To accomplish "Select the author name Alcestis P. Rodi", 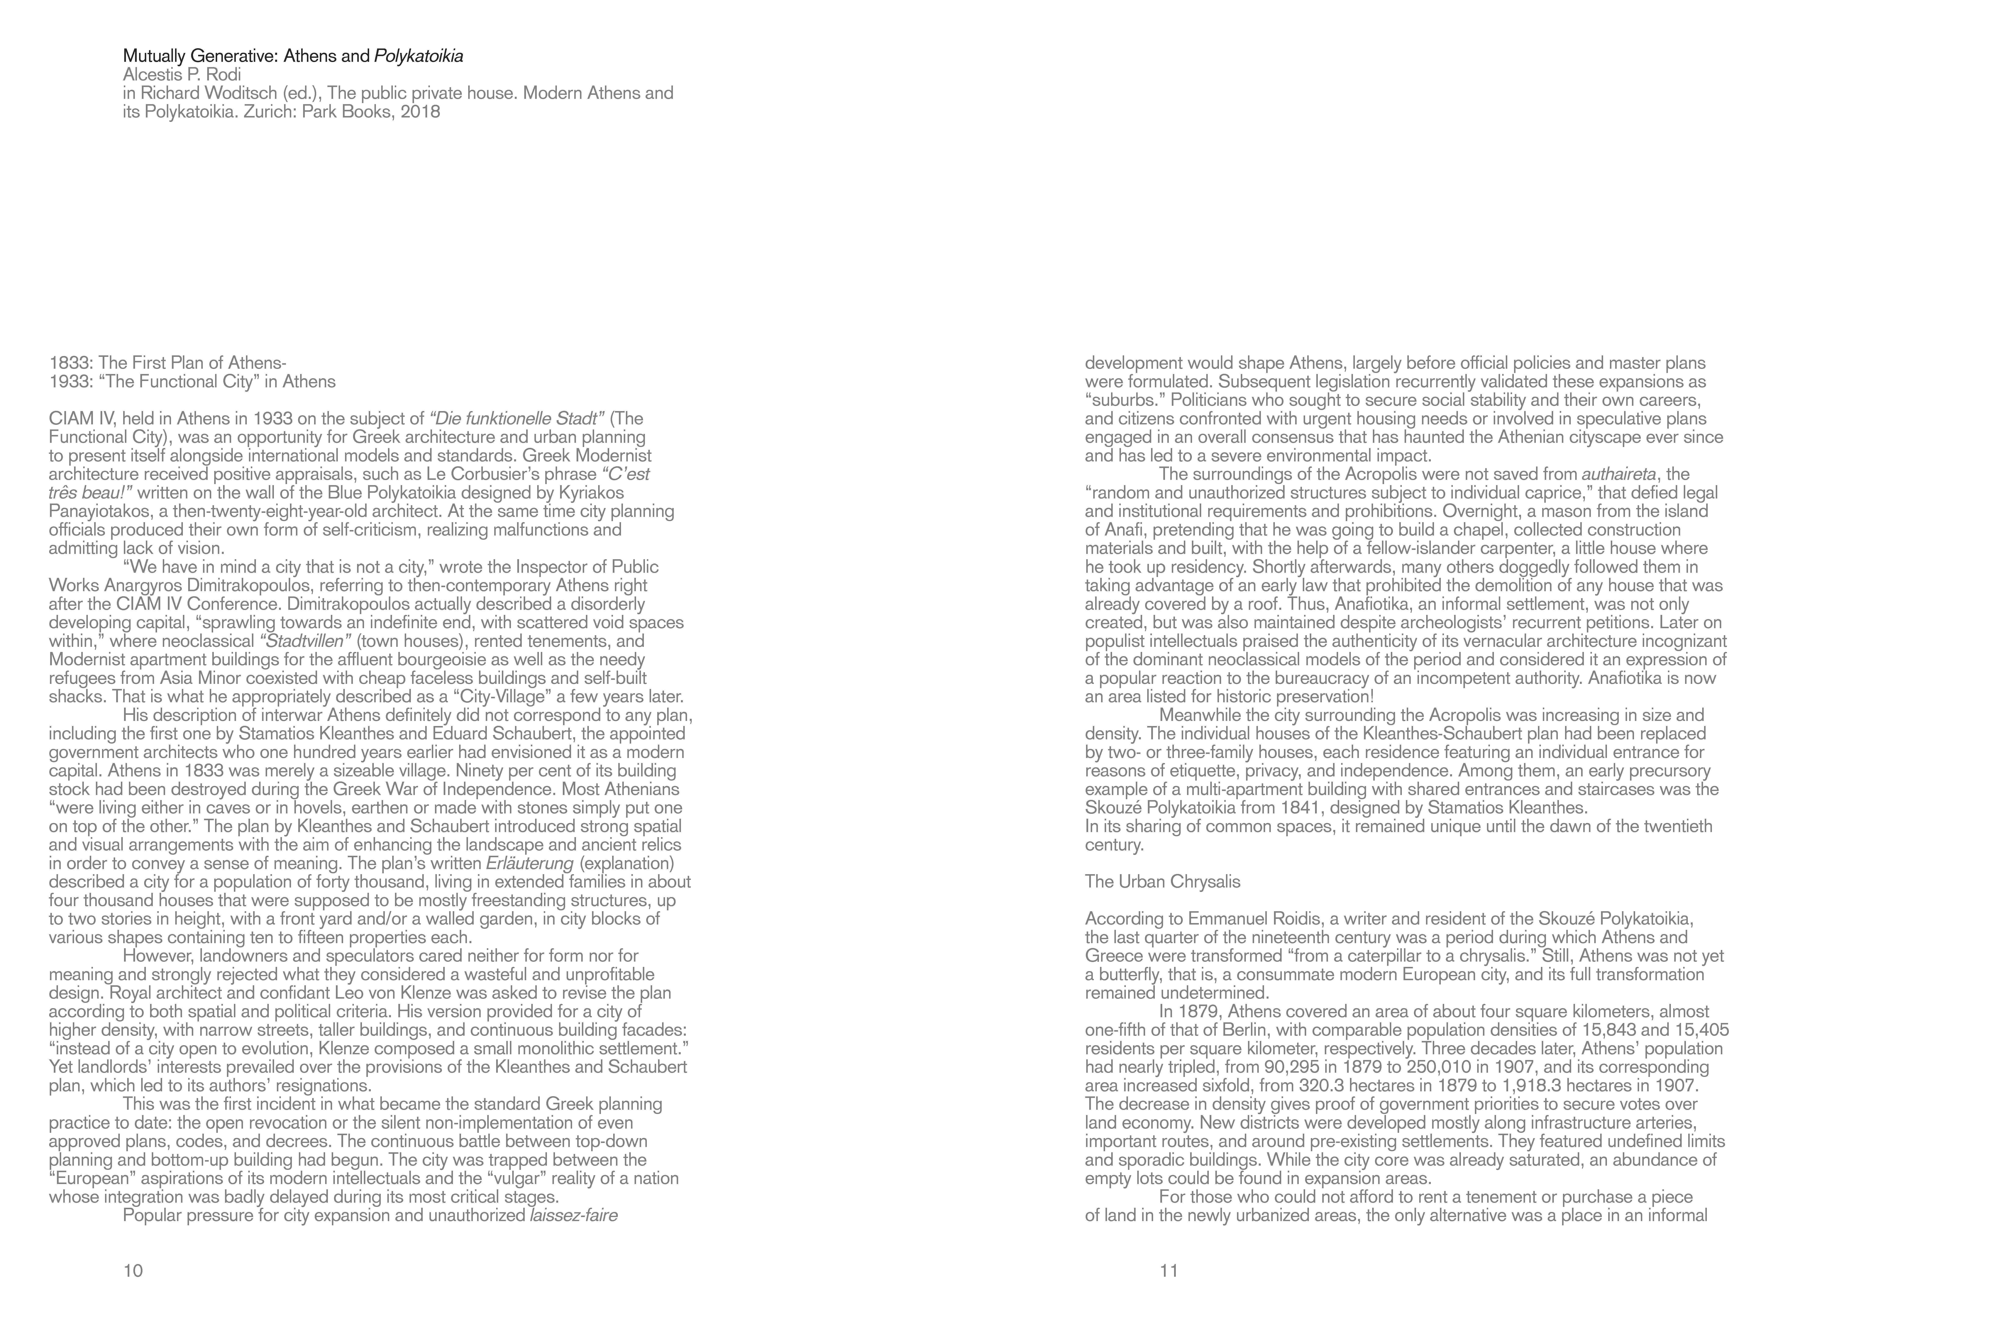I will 182,74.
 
